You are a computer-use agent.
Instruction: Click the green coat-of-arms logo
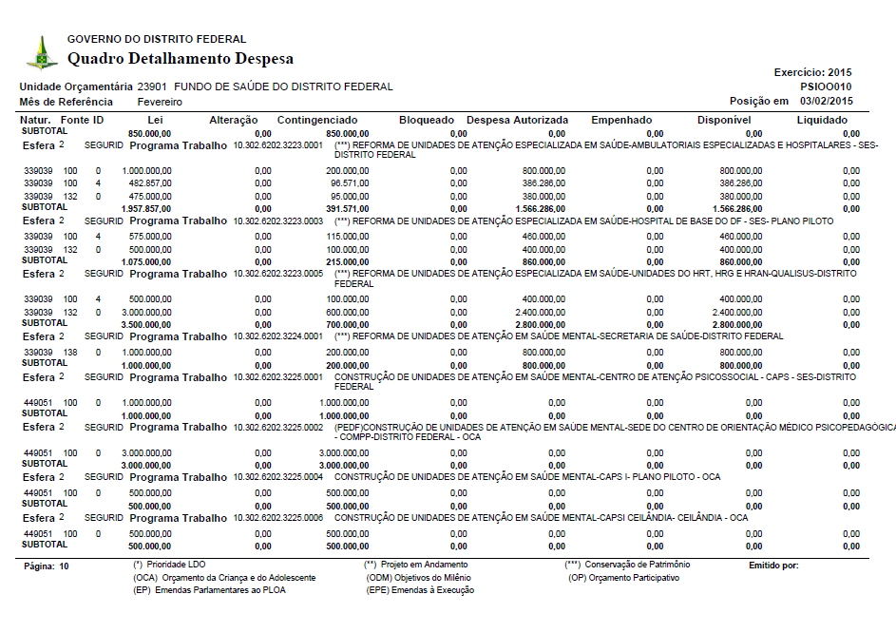[x=41, y=52]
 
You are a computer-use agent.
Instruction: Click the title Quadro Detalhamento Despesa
[x=180, y=59]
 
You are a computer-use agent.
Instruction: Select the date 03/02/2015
[x=827, y=101]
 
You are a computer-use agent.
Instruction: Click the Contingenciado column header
[x=316, y=120]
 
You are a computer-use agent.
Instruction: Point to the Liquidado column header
[x=822, y=120]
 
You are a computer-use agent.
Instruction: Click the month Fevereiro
[x=161, y=102]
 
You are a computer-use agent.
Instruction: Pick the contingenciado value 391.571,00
[x=347, y=208]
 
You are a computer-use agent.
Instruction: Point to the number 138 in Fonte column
[x=70, y=352]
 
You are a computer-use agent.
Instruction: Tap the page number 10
[x=64, y=566]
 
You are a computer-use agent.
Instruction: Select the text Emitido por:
[x=773, y=566]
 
